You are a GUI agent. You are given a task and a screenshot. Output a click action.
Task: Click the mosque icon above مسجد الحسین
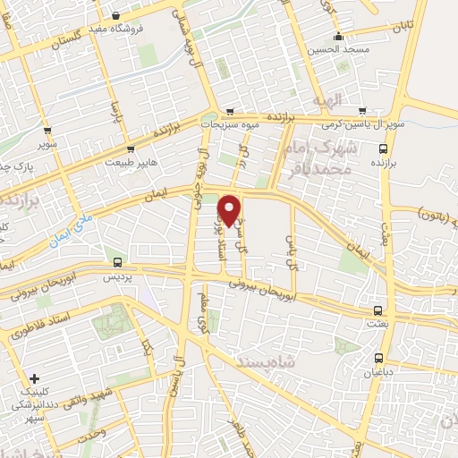[338, 38]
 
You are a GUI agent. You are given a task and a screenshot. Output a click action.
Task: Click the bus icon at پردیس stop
[118, 262]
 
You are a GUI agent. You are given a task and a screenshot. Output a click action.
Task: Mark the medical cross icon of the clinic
[34, 378]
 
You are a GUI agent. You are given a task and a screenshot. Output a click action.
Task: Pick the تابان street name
[402, 26]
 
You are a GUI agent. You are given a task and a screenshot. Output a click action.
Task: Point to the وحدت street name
[95, 434]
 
